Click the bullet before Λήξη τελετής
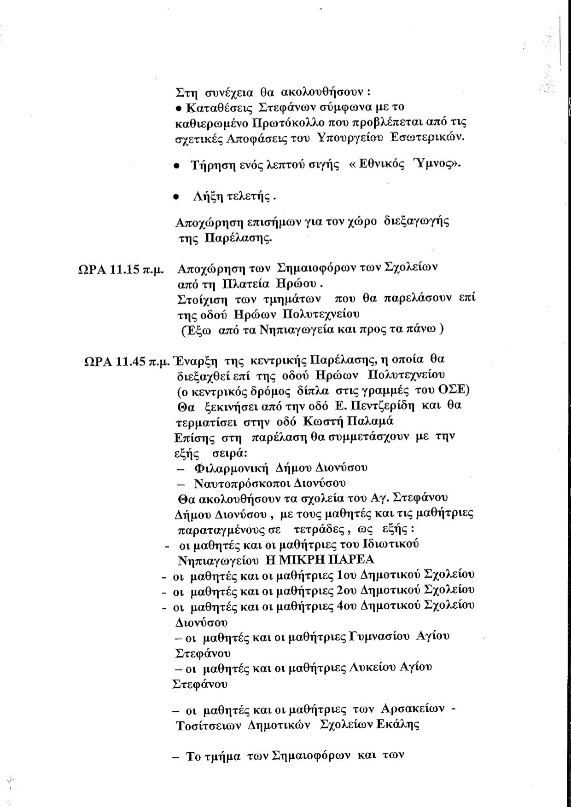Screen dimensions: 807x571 tap(175, 197)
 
